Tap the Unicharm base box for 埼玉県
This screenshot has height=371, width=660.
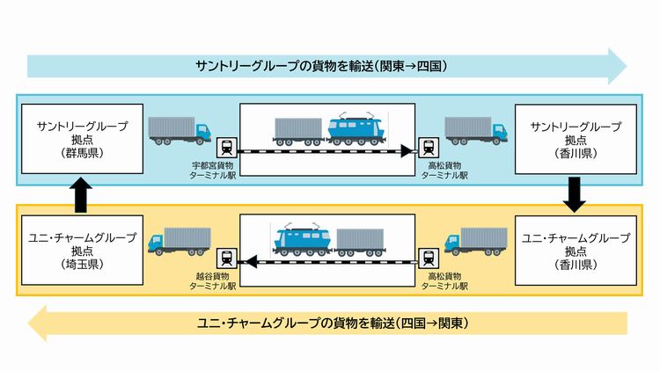point(82,251)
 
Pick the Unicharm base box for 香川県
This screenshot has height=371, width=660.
point(575,251)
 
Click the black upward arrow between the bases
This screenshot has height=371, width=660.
point(82,195)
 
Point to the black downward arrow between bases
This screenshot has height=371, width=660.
point(575,195)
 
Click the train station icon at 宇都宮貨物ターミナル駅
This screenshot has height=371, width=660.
point(228,148)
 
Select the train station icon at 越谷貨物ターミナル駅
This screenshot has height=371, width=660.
point(228,258)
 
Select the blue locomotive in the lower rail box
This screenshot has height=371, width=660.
point(302,241)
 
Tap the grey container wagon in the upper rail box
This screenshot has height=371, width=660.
point(297,131)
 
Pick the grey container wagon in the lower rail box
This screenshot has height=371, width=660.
point(362,242)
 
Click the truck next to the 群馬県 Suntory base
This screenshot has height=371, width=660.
point(180,130)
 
